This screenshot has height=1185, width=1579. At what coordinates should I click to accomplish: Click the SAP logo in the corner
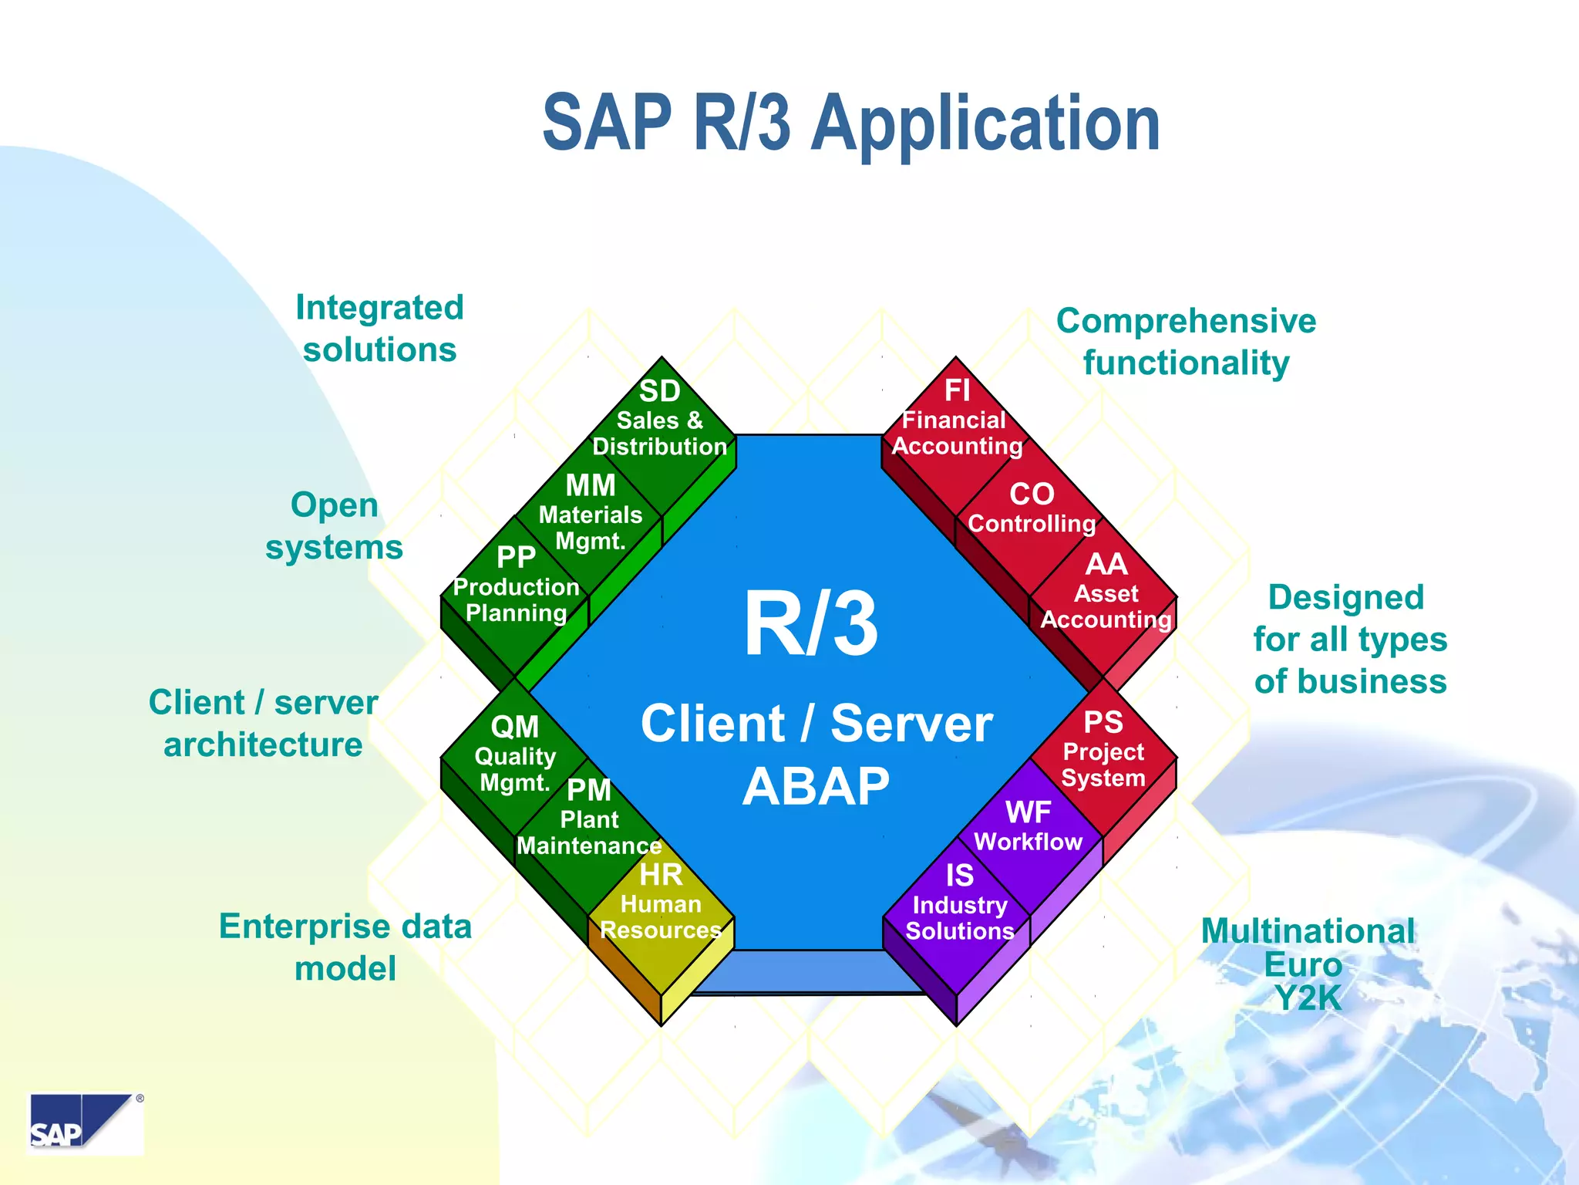pyautogui.click(x=85, y=1123)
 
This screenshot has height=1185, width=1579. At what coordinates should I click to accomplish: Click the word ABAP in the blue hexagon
pyautogui.click(x=816, y=787)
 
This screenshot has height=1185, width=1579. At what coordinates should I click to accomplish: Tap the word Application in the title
pyautogui.click(x=986, y=123)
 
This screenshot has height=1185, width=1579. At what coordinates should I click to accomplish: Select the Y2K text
pyautogui.click(x=1308, y=998)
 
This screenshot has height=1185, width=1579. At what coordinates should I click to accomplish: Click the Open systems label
pyautogui.click(x=334, y=526)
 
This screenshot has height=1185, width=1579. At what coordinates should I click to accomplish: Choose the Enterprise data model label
pyautogui.click(x=345, y=947)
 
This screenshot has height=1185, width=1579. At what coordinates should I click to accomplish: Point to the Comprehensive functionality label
pyautogui.click(x=1186, y=342)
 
